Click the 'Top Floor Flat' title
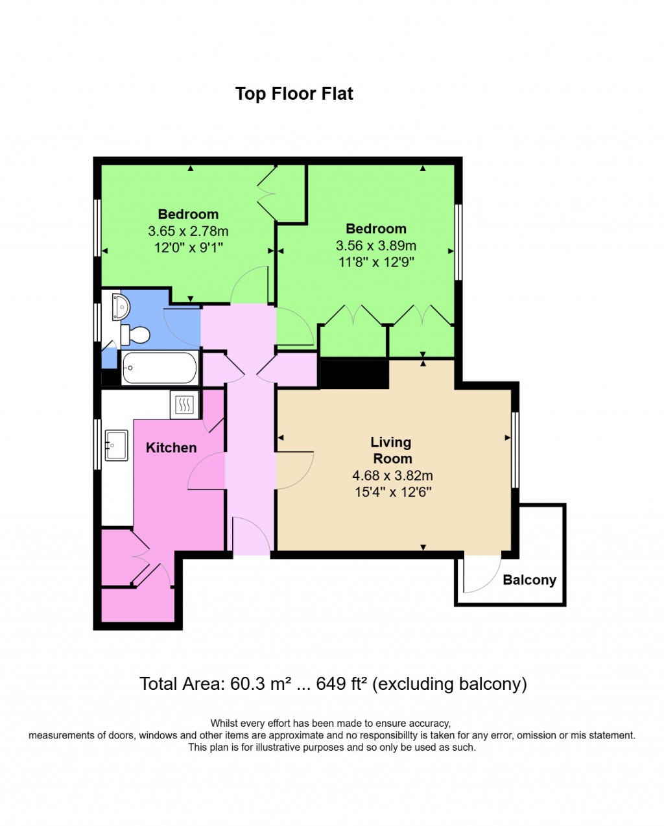click(x=294, y=94)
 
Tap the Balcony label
click(x=529, y=580)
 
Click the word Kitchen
click(x=171, y=447)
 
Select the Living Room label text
click(x=391, y=450)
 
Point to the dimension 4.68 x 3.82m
click(x=392, y=476)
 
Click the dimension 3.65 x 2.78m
click(x=188, y=231)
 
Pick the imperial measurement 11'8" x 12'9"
click(x=376, y=262)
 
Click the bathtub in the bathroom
click(x=159, y=368)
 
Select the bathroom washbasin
click(x=119, y=306)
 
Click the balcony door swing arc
click(x=482, y=574)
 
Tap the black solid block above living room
click(x=354, y=374)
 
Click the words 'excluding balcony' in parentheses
click(x=451, y=683)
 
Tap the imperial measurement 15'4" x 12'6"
click(x=392, y=492)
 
